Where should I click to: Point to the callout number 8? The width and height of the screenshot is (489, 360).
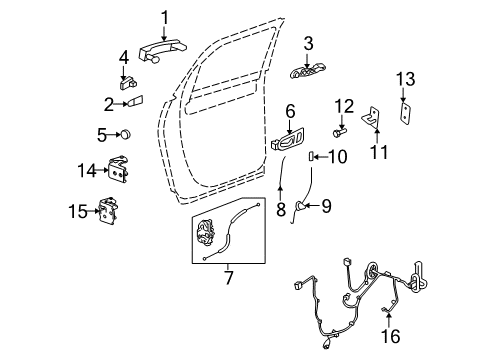pos(282,209)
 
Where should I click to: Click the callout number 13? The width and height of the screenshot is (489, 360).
pos(404,79)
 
